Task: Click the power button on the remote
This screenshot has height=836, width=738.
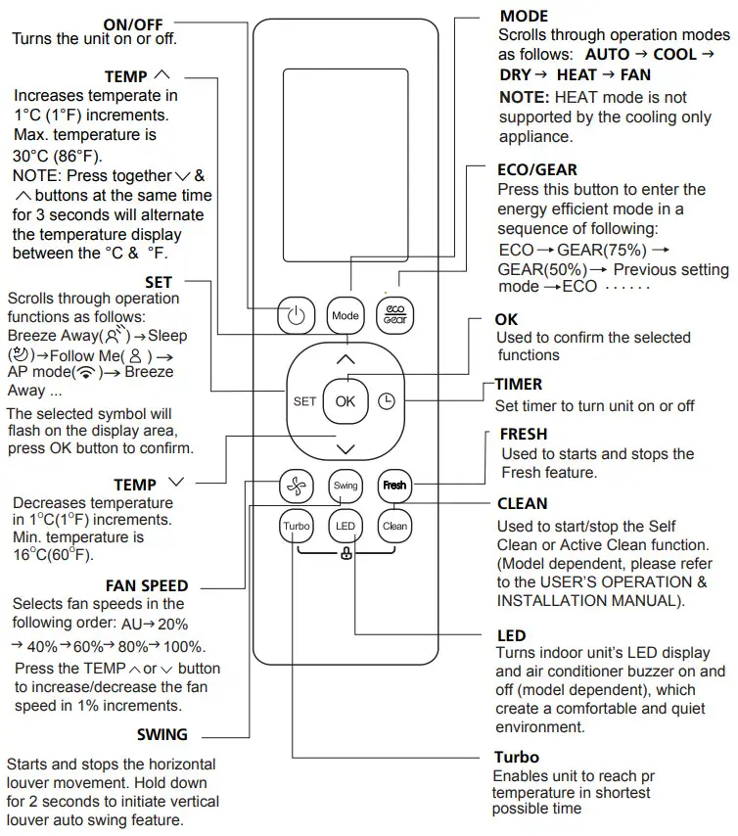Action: tap(296, 315)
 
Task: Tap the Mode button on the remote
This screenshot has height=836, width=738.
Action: tap(346, 315)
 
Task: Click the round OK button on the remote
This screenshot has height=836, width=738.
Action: tap(346, 401)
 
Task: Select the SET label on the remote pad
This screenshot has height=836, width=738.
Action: tap(304, 401)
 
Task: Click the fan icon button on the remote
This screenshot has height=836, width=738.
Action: tap(296, 485)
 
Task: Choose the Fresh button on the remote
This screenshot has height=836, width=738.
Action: tap(394, 485)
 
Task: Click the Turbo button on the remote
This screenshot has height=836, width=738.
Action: tap(296, 526)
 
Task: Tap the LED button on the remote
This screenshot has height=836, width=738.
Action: tap(346, 526)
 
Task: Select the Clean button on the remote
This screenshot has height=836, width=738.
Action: tap(394, 526)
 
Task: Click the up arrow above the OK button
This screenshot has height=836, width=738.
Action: tap(346, 359)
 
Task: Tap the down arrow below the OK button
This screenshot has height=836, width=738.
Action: tap(346, 448)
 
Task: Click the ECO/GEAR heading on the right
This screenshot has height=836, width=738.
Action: tap(537, 170)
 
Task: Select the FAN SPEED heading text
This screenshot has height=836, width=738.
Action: tap(147, 585)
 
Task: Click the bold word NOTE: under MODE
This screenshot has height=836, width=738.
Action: tap(524, 97)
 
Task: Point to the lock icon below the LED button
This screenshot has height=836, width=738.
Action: tap(346, 555)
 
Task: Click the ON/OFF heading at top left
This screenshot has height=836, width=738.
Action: tap(134, 23)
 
